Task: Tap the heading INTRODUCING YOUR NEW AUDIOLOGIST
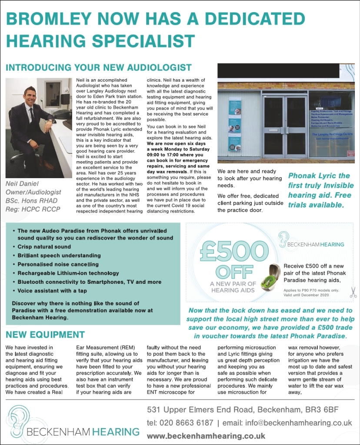coord(98,67)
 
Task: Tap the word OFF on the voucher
coord(229,272)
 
